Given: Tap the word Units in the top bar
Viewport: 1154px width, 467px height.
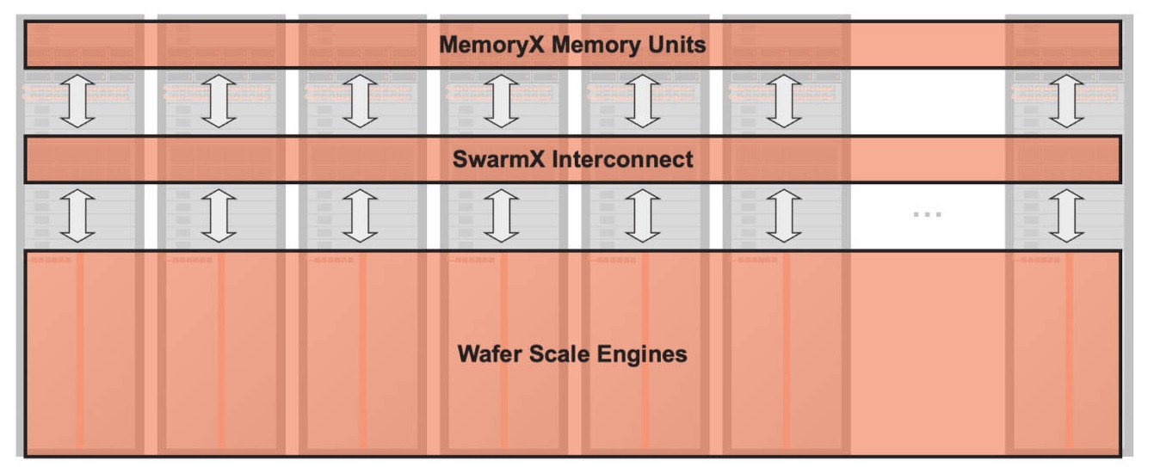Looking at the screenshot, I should (x=676, y=45).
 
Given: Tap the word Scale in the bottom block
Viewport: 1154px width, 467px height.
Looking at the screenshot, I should (x=558, y=353).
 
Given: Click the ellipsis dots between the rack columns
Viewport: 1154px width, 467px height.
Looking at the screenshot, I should (x=927, y=213).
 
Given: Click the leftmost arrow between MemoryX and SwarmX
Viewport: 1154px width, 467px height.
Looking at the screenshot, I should (x=78, y=101).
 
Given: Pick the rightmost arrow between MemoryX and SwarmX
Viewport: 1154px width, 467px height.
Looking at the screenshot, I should (x=1067, y=101).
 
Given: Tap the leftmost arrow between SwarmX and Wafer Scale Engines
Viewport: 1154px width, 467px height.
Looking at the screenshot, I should (x=78, y=216).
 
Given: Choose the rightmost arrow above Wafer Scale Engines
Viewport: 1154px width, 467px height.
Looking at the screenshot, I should (x=1067, y=216).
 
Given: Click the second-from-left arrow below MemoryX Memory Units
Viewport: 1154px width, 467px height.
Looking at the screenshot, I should (x=219, y=101).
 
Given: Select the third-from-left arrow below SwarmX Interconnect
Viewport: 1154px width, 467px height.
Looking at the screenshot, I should (x=361, y=216).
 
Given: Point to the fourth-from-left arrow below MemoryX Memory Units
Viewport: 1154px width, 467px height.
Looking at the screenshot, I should (x=502, y=101).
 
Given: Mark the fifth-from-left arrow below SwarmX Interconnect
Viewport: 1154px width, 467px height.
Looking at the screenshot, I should (x=643, y=216).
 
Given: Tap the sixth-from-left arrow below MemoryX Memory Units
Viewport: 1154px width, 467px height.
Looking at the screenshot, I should (x=784, y=101).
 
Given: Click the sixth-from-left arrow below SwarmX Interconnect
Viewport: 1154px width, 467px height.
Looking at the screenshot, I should (x=784, y=216).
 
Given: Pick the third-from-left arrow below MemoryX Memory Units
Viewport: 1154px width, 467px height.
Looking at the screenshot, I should (x=361, y=101).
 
